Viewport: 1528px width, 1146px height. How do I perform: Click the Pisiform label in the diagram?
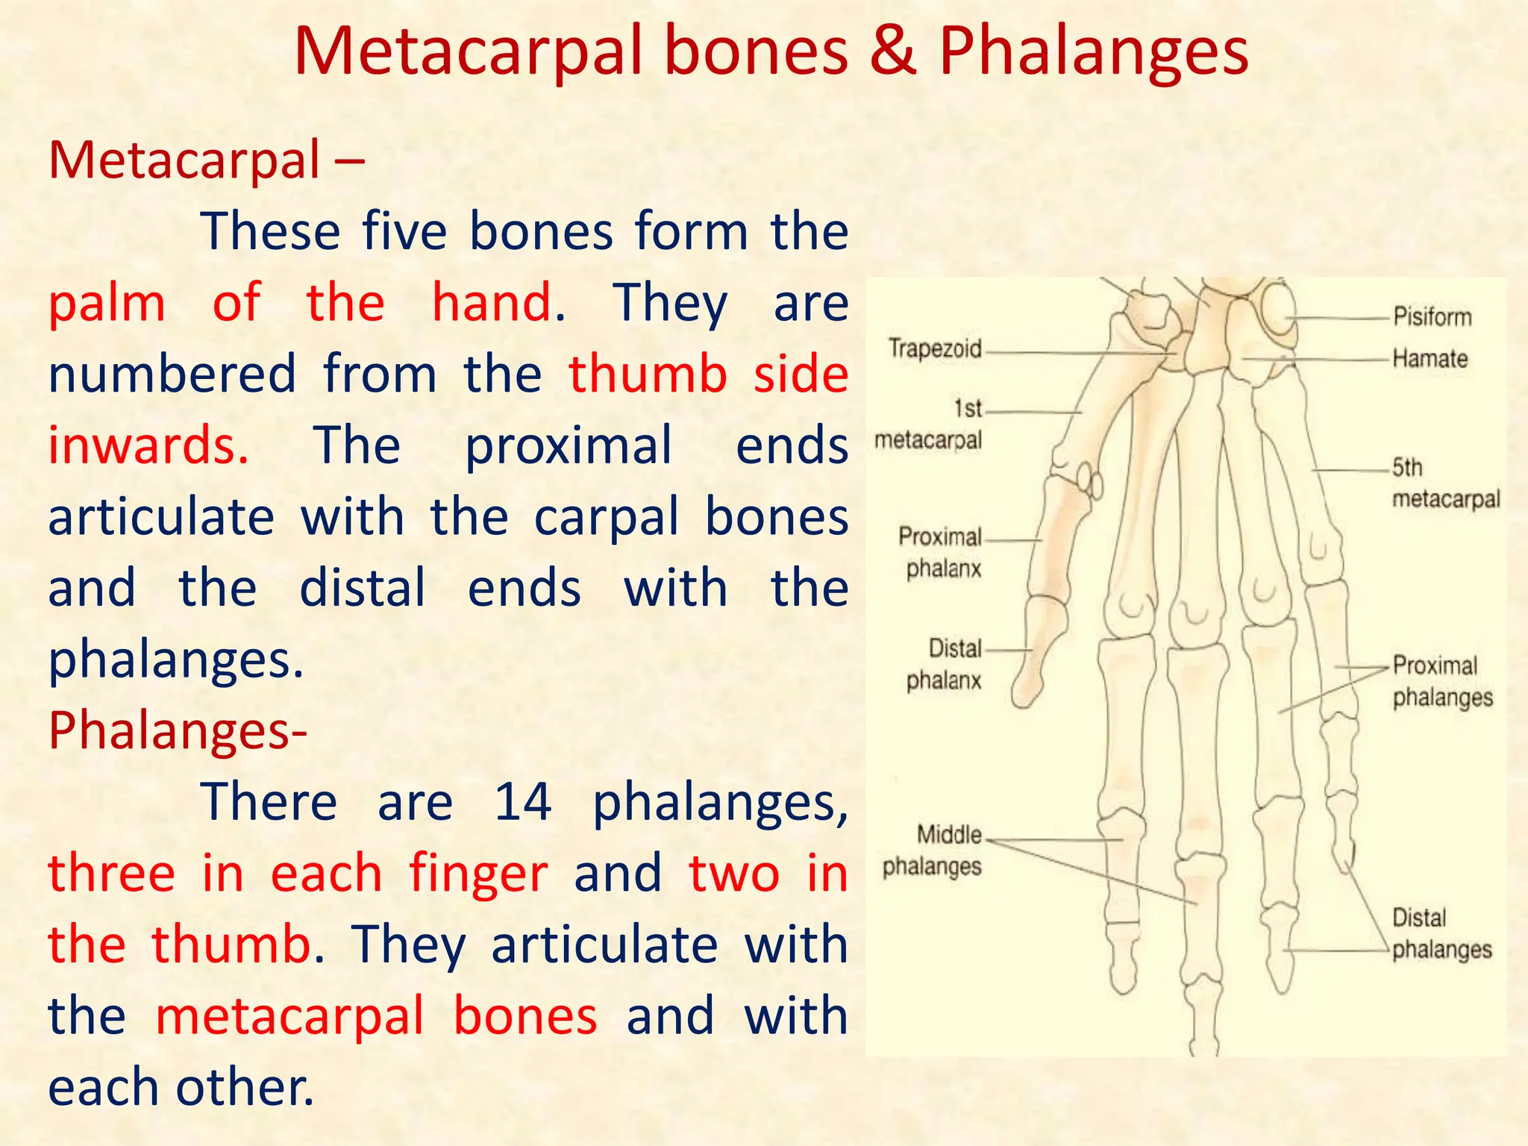pyautogui.click(x=1432, y=317)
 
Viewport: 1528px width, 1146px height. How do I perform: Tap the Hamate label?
pyautogui.click(x=1430, y=359)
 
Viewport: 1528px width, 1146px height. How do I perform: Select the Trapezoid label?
pyautogui.click(x=935, y=348)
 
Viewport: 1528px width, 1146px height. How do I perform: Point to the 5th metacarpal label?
pyautogui.click(x=1444, y=483)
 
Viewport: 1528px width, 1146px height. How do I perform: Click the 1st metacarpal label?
pyautogui.click(x=929, y=425)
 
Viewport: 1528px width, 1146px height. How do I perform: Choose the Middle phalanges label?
pyautogui.click(x=933, y=851)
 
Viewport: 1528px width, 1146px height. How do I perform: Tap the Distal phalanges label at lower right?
pyautogui.click(x=1441, y=933)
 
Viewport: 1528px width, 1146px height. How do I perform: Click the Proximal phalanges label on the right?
pyautogui.click(x=1441, y=681)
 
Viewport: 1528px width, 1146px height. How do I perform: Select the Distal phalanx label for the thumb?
pyautogui.click(x=945, y=664)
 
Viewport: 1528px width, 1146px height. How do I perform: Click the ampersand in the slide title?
pyautogui.click(x=893, y=52)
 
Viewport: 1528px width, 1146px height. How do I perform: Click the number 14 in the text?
pyautogui.click(x=522, y=802)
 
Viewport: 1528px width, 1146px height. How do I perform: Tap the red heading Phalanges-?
pyautogui.click(x=178, y=730)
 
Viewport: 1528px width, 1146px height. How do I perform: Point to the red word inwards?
pyautogui.click(x=148, y=445)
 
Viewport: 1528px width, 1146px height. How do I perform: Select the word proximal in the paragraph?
pyautogui.click(x=569, y=445)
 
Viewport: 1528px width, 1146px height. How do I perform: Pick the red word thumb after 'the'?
pyautogui.click(x=231, y=945)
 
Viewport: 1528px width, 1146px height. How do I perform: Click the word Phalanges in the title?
pyautogui.click(x=1093, y=52)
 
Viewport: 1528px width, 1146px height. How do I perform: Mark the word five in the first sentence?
pyautogui.click(x=404, y=231)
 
